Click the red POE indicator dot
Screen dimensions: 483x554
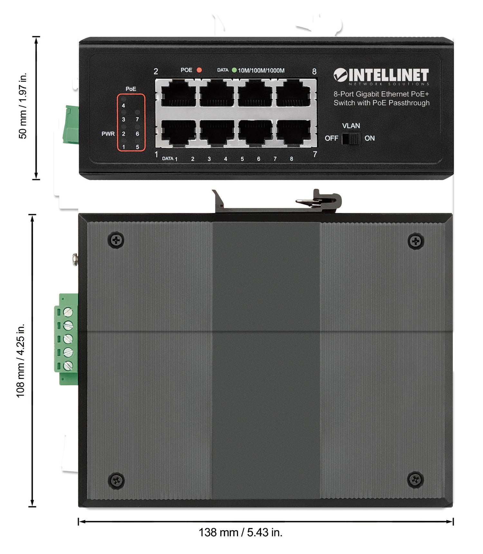tap(199, 70)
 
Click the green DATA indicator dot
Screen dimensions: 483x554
tap(234, 70)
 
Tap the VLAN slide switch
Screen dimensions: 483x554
tap(351, 138)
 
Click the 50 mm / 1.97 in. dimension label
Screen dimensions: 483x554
tap(23, 106)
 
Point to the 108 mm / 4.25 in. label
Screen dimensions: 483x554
tap(21, 361)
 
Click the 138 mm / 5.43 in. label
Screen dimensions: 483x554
tap(241, 532)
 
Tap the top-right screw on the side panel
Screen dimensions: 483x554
tap(416, 241)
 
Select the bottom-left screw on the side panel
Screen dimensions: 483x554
tap(116, 481)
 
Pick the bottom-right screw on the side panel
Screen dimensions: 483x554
tap(415, 480)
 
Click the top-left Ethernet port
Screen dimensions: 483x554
tap(178, 94)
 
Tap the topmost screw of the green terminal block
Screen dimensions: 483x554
tap(68, 312)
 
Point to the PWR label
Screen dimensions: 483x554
tap(108, 134)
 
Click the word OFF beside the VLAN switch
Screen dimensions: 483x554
tap(331, 138)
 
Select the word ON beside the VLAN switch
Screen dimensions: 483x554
tap(370, 138)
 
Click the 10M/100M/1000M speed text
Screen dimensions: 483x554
tap(261, 70)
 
